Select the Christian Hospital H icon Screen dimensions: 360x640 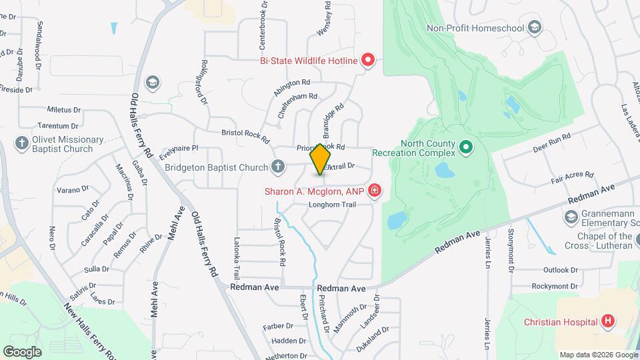[607, 321]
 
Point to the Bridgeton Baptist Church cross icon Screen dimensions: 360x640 [279, 167]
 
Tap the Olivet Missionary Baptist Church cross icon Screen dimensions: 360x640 [21, 143]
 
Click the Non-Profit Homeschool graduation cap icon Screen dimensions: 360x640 [534, 27]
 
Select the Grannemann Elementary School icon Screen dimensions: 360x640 [571, 217]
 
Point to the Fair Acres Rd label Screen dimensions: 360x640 [572, 177]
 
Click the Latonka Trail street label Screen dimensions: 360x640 [236, 259]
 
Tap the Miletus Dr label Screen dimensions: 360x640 [63, 109]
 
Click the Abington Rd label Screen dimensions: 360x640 [292, 85]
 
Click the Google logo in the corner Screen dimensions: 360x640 [22, 351]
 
